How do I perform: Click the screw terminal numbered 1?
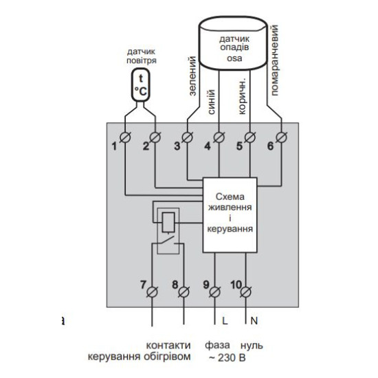tap(125, 137)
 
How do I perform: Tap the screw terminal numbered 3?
tap(188, 137)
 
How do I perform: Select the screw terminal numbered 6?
tap(281, 137)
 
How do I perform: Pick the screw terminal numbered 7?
tap(152, 292)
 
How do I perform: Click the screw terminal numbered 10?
tap(245, 292)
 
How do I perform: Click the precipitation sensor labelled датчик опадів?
tap(233, 43)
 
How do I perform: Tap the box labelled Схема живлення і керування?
tap(230, 215)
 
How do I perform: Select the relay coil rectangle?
tap(168, 222)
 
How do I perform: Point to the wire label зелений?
tap(192, 76)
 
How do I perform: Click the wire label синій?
tap(211, 102)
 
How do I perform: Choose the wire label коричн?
tap(242, 96)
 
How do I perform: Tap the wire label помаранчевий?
tap(275, 60)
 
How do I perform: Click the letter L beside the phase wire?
tap(225, 321)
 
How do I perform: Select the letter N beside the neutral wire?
tap(254, 321)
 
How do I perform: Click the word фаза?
tap(217, 346)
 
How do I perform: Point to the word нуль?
tap(252, 346)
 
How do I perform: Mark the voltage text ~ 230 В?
tap(227, 358)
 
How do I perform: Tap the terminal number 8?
tap(175, 285)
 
